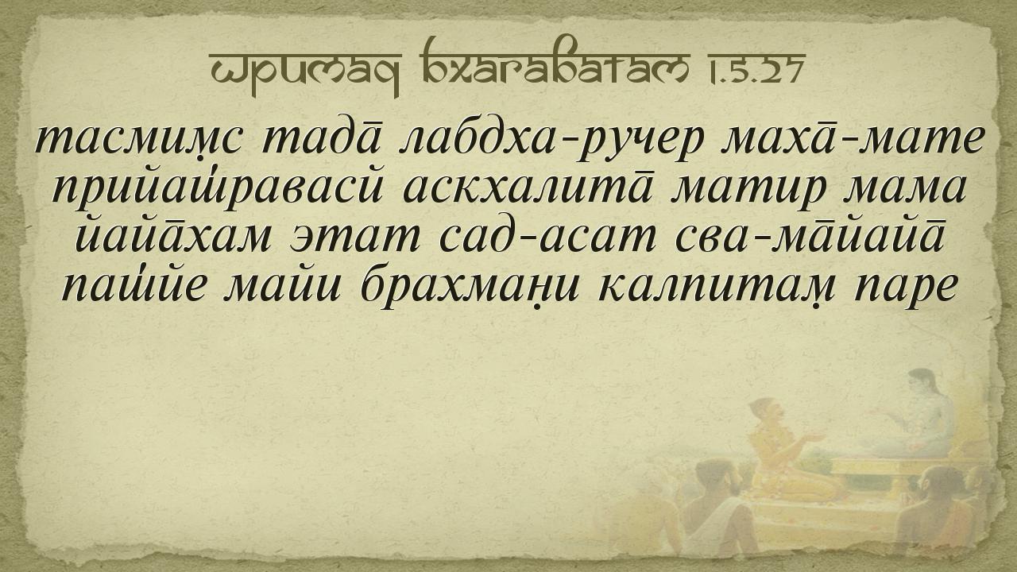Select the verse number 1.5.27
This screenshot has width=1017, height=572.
pyautogui.click(x=755, y=69)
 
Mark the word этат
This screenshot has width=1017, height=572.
pyautogui.click(x=355, y=238)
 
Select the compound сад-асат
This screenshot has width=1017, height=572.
pyautogui.click(x=548, y=236)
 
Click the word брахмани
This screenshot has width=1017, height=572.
pyautogui.click(x=470, y=287)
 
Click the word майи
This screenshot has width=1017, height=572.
pyautogui.click(x=281, y=285)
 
